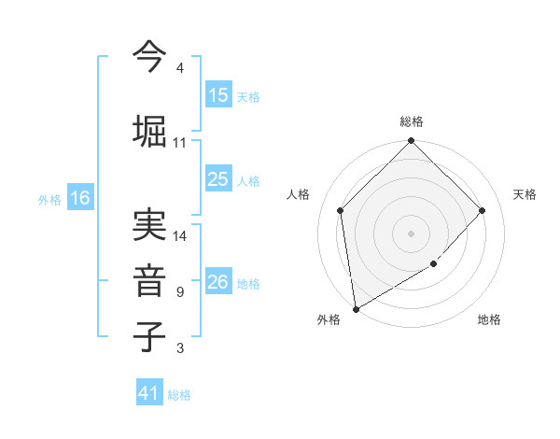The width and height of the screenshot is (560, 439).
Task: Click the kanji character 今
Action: tap(149, 57)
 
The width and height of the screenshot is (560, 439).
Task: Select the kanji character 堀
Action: tap(149, 130)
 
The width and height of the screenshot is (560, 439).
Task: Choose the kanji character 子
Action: tap(149, 336)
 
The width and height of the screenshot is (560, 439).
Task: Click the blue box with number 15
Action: tap(218, 95)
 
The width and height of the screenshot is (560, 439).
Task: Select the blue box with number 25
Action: tap(218, 180)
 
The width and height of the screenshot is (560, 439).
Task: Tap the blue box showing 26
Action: tap(218, 282)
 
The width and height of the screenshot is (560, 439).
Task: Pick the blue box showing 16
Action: tap(79, 198)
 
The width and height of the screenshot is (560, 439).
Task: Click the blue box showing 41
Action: tap(149, 393)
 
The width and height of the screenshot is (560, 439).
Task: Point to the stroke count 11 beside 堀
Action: tap(180, 143)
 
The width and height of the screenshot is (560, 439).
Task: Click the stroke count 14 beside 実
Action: tap(180, 236)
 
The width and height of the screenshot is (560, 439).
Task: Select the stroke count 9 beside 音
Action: tap(180, 292)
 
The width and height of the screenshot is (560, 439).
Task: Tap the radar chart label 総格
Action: tap(412, 121)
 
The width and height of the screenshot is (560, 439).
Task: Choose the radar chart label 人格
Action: tap(299, 194)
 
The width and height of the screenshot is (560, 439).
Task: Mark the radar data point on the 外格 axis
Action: tap(356, 308)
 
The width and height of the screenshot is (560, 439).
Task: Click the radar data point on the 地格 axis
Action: tap(434, 264)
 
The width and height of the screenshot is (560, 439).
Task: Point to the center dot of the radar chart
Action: tap(412, 233)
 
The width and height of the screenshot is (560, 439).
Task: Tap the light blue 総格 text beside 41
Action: tap(179, 395)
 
